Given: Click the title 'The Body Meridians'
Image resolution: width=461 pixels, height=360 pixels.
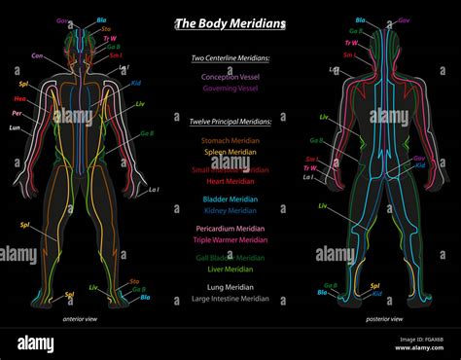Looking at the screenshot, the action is point(230,23).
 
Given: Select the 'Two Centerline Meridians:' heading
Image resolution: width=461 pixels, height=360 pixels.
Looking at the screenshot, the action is point(230,58).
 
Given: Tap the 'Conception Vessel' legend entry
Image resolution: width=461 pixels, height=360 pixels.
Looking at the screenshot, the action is point(230,75).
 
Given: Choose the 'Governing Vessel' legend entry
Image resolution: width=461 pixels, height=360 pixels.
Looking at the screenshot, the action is point(230,87).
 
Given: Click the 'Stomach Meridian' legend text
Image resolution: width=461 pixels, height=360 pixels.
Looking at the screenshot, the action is point(230,141).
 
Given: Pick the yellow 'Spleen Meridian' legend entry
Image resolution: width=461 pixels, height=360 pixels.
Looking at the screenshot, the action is point(230,153).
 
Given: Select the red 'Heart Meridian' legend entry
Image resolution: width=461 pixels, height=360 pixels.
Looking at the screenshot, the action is point(230,180).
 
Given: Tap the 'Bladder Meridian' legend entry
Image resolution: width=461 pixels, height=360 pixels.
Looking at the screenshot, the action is point(230,198).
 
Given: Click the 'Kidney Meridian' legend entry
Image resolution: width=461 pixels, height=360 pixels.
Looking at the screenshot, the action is point(230,209).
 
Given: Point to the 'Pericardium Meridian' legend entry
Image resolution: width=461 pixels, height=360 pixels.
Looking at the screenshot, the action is point(230,228).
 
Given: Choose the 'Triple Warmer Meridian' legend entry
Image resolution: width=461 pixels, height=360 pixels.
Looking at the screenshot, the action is point(230,239).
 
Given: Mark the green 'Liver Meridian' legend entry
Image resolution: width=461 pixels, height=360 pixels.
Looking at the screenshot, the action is point(230,269).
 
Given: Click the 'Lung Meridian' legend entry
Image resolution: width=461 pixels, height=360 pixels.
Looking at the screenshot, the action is point(230,287).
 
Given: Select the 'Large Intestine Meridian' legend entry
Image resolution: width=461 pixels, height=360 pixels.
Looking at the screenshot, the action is point(230,298).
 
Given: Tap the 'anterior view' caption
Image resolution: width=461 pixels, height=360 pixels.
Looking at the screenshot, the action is point(84,318).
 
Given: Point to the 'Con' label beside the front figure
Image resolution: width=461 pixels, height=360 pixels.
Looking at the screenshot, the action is point(38,55).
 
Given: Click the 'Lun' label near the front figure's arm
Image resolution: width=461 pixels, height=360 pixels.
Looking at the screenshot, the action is point(15,127).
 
